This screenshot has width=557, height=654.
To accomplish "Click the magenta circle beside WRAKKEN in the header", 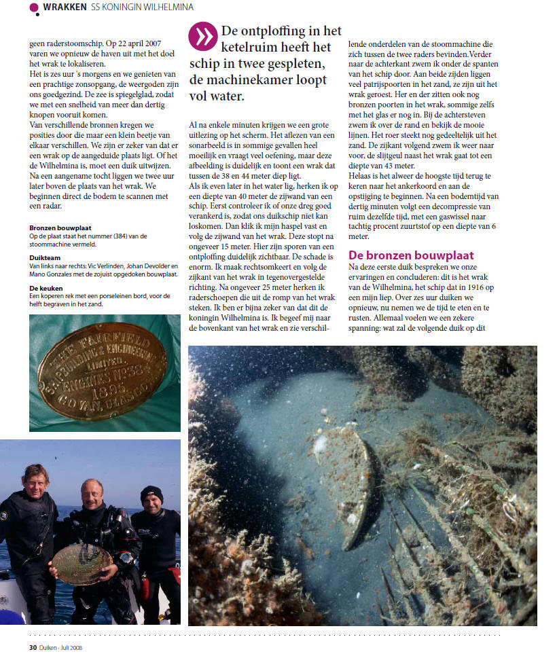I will point(35,7).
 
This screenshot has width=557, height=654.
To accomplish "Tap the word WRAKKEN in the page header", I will point(65,7).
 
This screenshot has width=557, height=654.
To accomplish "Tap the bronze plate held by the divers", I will point(82,564).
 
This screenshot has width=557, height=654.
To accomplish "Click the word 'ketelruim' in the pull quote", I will point(255,47).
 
